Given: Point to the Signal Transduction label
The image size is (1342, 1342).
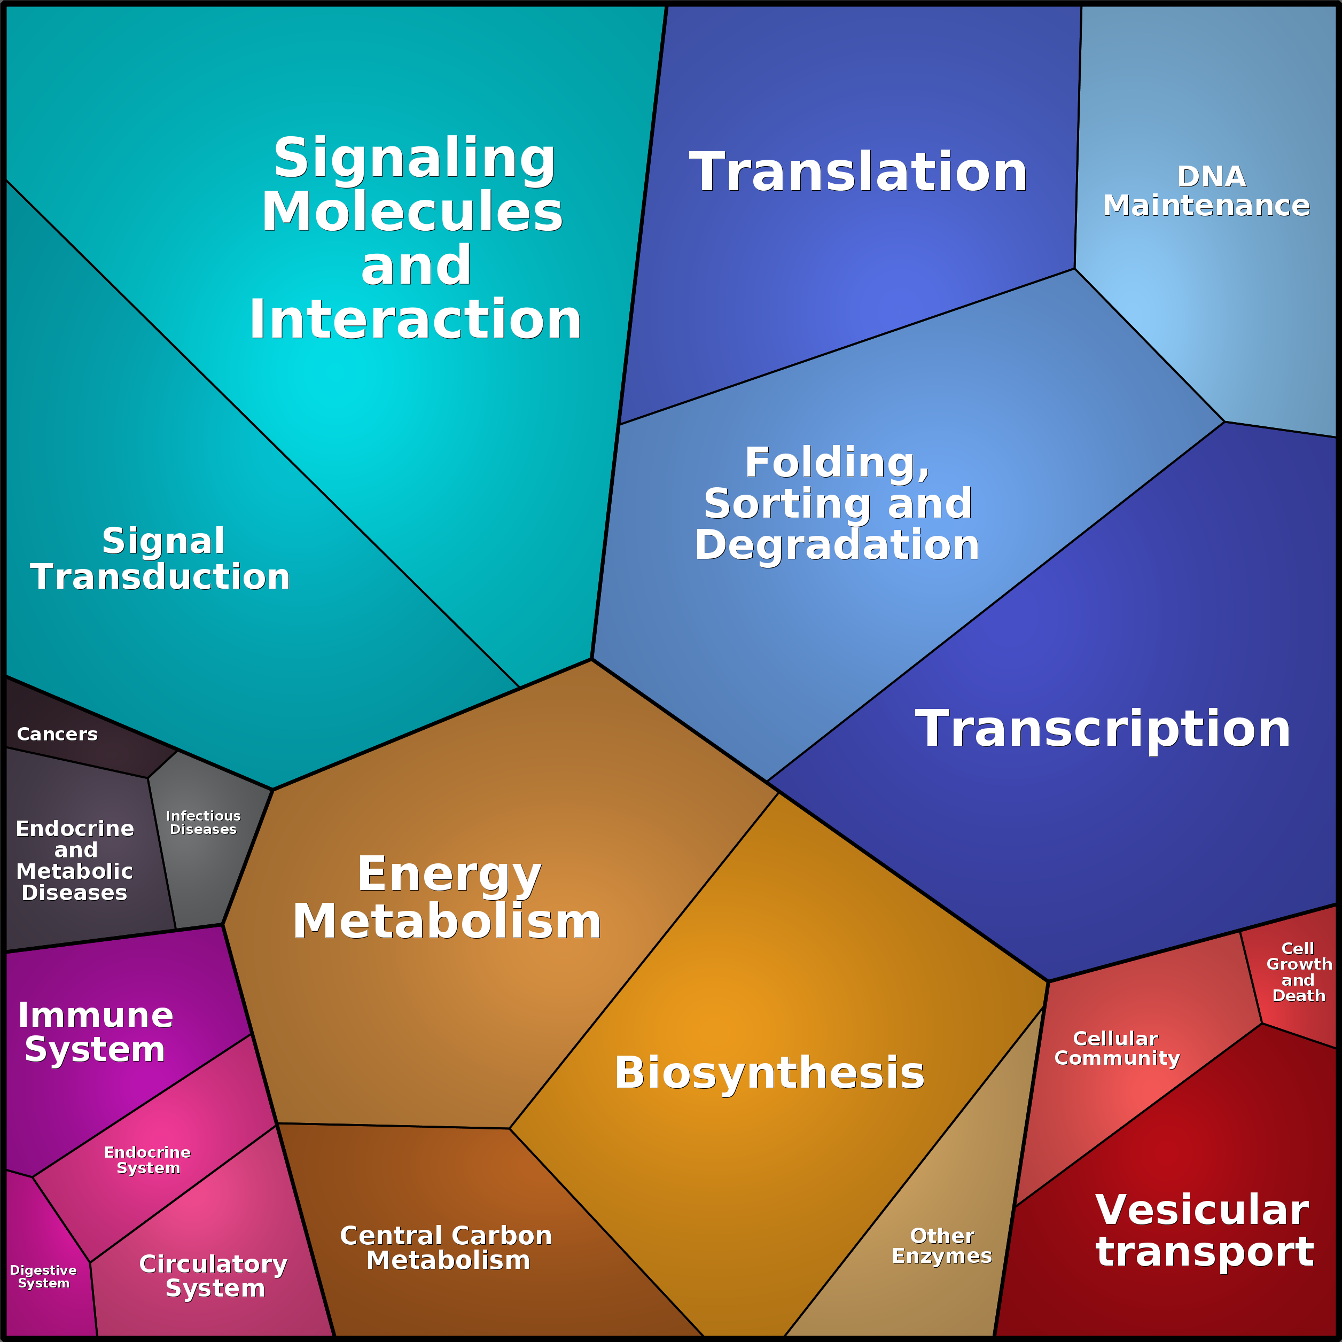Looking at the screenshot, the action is coord(160,558).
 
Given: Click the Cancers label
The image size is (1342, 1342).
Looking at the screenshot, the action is coord(57,734).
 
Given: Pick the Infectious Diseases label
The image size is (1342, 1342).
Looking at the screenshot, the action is coord(204,822).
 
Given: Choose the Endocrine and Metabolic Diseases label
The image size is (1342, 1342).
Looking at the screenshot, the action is coord(74,861).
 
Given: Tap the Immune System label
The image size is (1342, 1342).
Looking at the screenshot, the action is coord(96,1032).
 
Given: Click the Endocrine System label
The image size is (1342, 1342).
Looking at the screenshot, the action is coord(147,1160).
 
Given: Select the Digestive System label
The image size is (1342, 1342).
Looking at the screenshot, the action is coord(43,1277).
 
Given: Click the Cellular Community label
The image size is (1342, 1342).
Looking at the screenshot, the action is coord(1117,1048).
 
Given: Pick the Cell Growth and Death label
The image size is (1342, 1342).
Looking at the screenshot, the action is coord(1299,972).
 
